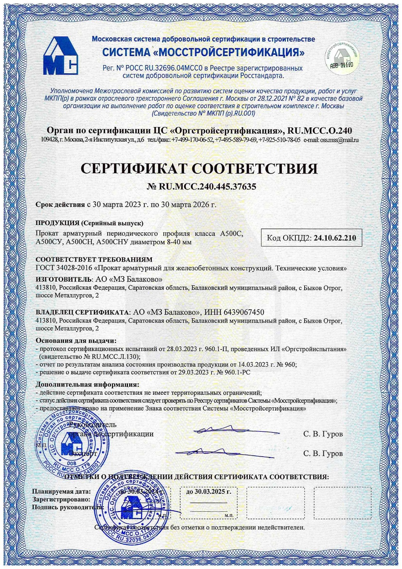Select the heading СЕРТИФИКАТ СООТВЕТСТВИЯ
tap(199, 168)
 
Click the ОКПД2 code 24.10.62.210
tap(334, 238)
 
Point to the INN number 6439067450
tap(243, 312)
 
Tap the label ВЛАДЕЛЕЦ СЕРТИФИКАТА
tap(82, 313)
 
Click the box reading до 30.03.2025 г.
tap(208, 492)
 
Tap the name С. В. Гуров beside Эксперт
tap(323, 453)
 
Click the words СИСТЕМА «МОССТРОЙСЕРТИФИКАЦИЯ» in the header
tap(203, 52)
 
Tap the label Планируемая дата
tap(61, 492)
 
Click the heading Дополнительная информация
tap(87, 384)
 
